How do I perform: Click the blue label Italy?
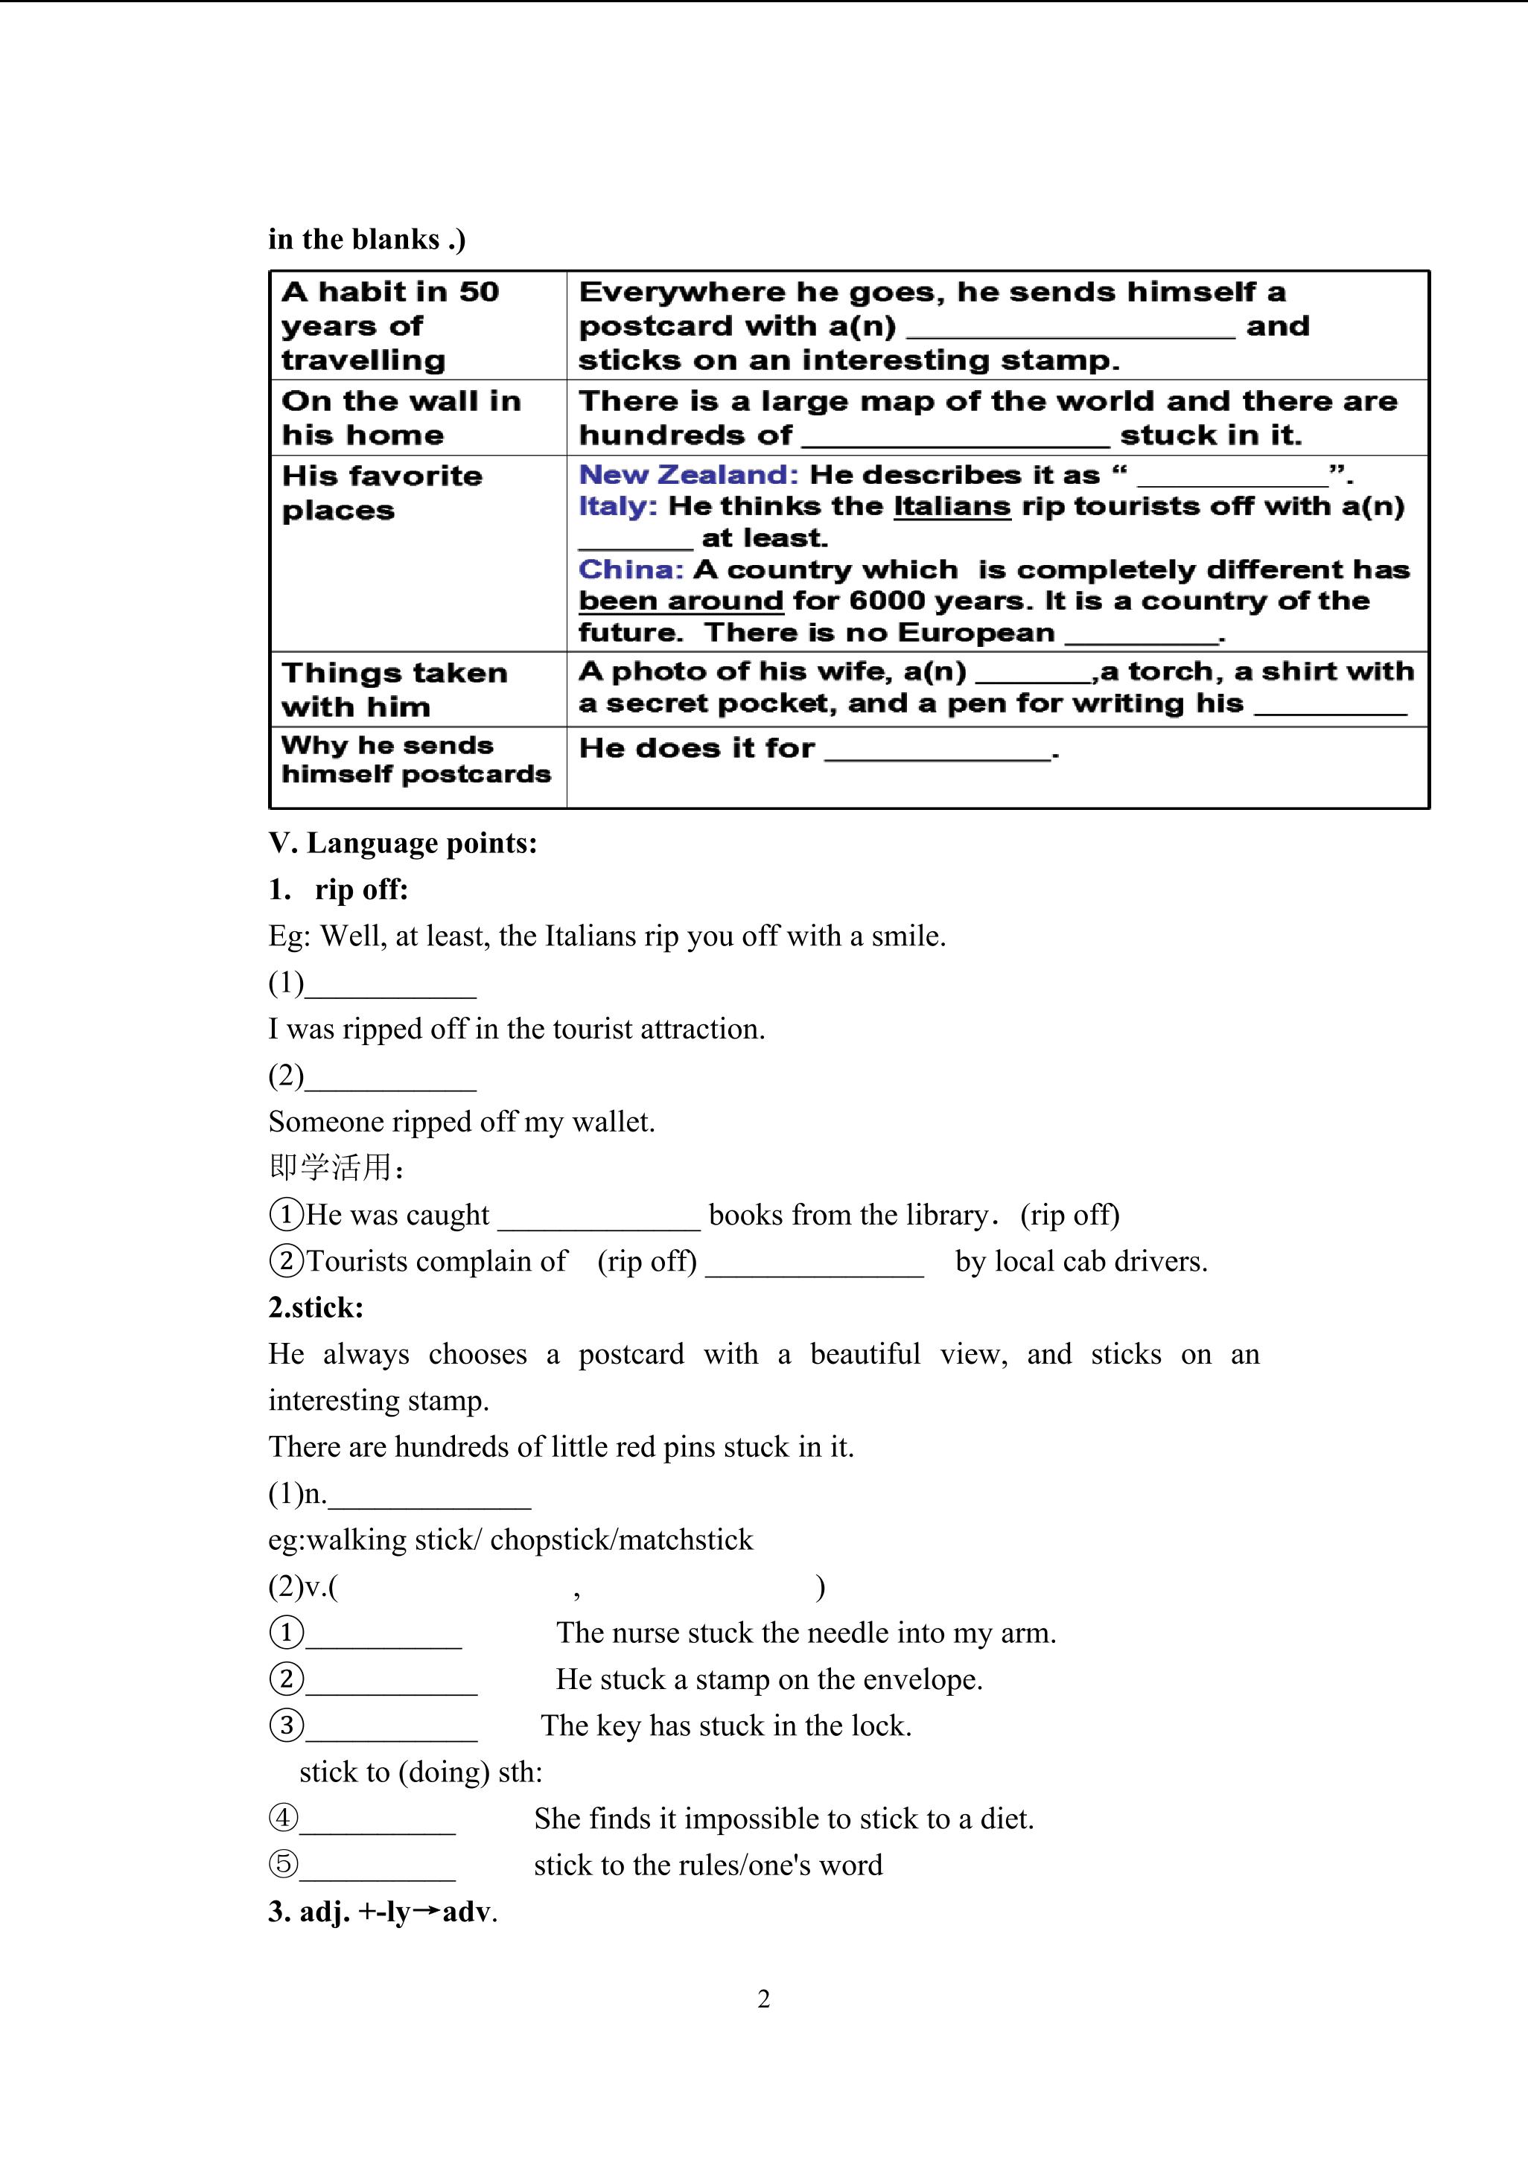[617, 506]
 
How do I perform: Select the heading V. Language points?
[403, 843]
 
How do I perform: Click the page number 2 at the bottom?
[763, 1998]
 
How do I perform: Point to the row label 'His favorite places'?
[381, 492]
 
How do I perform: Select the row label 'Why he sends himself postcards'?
[416, 759]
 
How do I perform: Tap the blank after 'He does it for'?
[937, 751]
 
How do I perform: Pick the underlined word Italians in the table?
[952, 506]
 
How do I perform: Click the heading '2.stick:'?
[316, 1307]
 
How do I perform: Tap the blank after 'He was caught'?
[599, 1217]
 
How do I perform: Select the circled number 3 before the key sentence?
[286, 1726]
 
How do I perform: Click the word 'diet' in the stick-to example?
[1004, 1819]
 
